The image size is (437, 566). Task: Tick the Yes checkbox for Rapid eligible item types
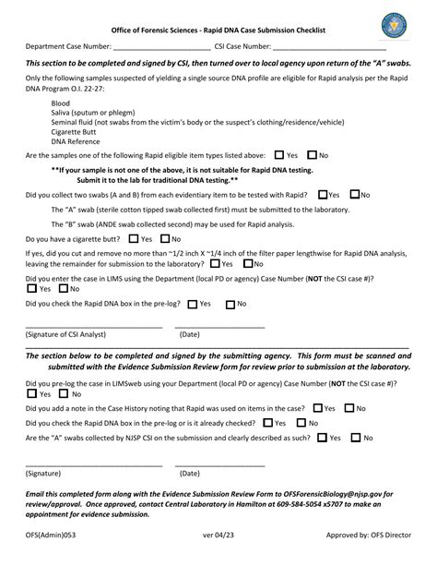point(279,156)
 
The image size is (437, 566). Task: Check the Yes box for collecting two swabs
point(322,195)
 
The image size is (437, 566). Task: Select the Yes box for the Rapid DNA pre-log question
point(193,303)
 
